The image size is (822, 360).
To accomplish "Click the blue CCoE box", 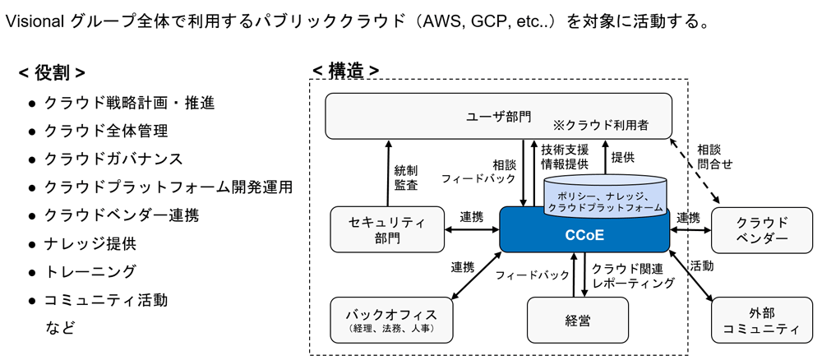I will tap(584, 234).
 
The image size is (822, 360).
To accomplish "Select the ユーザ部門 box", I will tap(498, 116).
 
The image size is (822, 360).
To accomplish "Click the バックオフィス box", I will tap(390, 320).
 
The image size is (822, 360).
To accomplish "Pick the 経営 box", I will tap(577, 320).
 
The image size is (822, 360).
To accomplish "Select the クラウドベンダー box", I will tap(761, 229).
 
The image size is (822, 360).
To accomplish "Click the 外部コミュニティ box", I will tap(761, 320).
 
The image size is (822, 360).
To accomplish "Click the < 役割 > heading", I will tap(52, 74).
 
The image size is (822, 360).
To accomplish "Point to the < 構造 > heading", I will tap(345, 71).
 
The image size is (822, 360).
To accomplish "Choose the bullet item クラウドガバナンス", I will tap(113, 159).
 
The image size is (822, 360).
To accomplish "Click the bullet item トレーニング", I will tap(90, 271).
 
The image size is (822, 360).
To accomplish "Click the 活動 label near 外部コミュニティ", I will tap(701, 265).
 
